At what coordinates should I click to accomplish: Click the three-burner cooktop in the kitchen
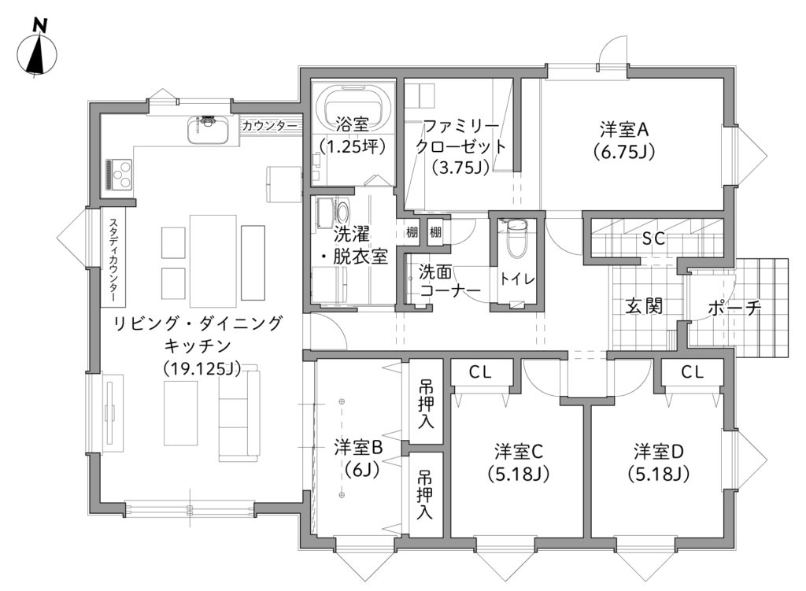click(120, 175)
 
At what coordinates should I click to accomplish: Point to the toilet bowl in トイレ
click(515, 239)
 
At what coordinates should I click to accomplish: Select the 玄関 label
click(644, 306)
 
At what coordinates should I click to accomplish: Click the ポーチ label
click(734, 308)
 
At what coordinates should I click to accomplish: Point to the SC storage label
click(653, 238)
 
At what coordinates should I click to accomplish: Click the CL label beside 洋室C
click(479, 372)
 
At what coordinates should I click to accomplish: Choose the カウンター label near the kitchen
click(269, 126)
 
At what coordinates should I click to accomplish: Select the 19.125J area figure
click(202, 368)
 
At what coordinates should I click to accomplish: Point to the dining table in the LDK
click(213, 260)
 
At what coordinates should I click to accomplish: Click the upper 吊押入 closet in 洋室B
click(426, 401)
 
